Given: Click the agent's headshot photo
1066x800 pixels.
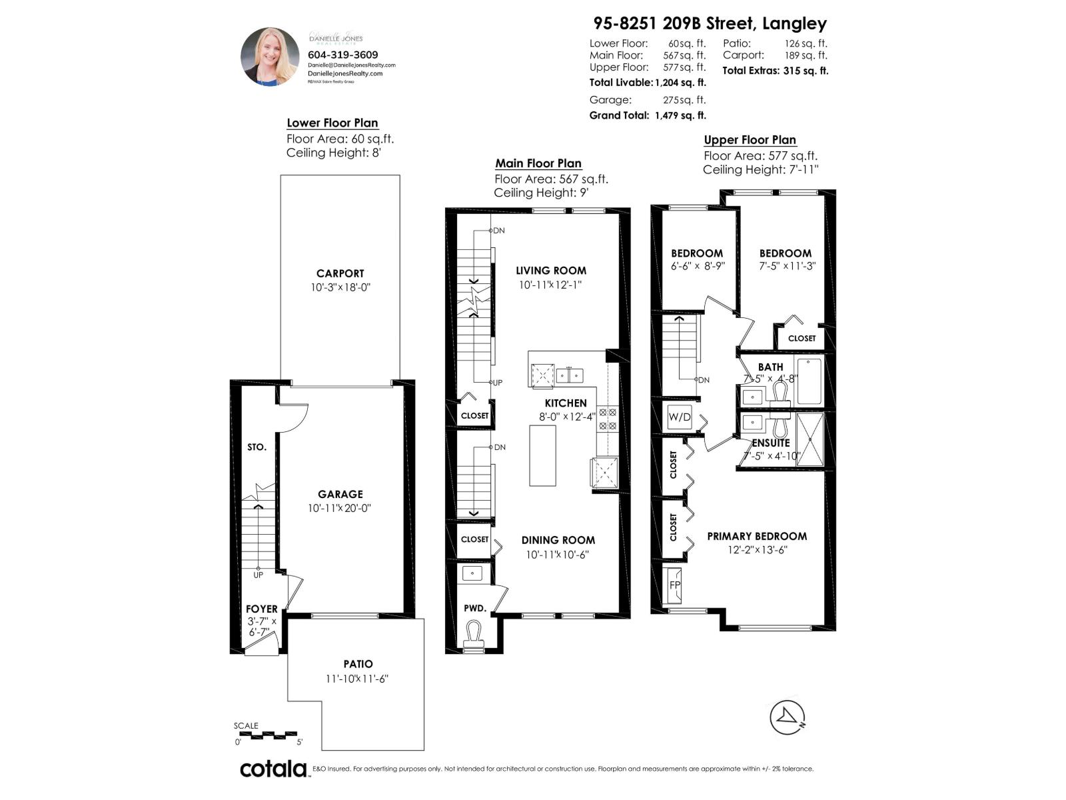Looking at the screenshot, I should [270, 57].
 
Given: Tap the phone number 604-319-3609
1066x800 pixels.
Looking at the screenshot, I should [342, 55].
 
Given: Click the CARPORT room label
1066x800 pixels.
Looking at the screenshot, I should [340, 273].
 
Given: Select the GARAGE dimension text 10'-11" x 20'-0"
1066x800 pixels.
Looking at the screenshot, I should [339, 508].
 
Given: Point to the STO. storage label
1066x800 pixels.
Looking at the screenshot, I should [257, 447].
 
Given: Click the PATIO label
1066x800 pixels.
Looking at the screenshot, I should [358, 664].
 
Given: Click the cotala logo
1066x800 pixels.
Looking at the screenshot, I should [273, 769].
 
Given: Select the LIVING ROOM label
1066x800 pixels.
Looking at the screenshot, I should [551, 271].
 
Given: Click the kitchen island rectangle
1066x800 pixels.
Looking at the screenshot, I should [542, 455].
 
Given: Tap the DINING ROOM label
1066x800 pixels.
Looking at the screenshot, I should [558, 540].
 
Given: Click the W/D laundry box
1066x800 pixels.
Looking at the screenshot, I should [679, 417].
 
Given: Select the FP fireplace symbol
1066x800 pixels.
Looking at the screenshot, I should [674, 585].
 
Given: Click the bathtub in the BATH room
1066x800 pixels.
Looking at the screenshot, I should [809, 381].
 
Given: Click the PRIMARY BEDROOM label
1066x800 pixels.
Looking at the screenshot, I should [756, 536].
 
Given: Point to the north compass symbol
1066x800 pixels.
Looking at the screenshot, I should [788, 718].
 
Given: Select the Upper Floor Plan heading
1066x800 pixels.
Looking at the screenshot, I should [750, 140].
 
